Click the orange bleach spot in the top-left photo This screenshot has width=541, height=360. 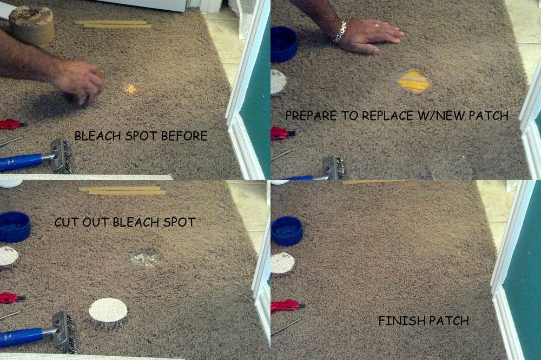coord(130,88)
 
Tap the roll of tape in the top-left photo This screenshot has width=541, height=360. coord(31,25)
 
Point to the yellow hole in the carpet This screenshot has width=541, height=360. coord(413,82)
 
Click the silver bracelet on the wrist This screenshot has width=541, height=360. coord(339,32)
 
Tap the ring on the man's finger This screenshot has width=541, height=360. coord(377,25)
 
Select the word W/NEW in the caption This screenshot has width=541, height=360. coord(438,115)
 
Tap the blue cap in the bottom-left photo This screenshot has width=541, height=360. coord(15,226)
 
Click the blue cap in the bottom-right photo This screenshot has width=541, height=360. coord(287,231)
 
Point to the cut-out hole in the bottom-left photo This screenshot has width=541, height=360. coord(146,259)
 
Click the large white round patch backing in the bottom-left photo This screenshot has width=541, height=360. coord(108,310)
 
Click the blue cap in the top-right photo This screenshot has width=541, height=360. coord(283,44)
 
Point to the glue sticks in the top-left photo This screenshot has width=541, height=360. coord(113,24)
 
